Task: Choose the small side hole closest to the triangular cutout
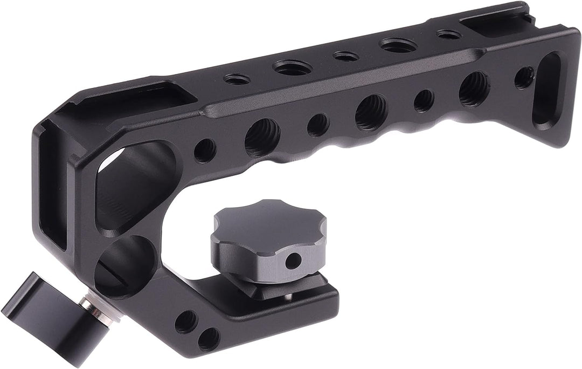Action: pos(204,151)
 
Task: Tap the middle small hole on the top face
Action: pos(345,56)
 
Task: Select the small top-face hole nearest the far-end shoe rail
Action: pos(449,34)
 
